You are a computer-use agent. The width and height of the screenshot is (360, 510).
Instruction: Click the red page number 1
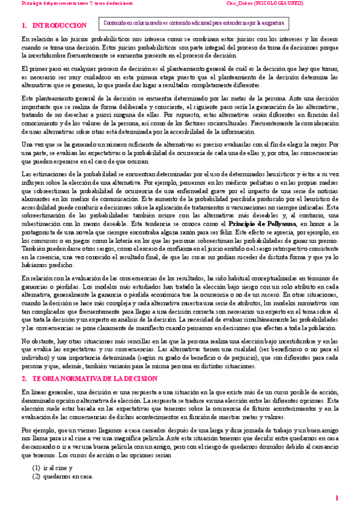point(337,497)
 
